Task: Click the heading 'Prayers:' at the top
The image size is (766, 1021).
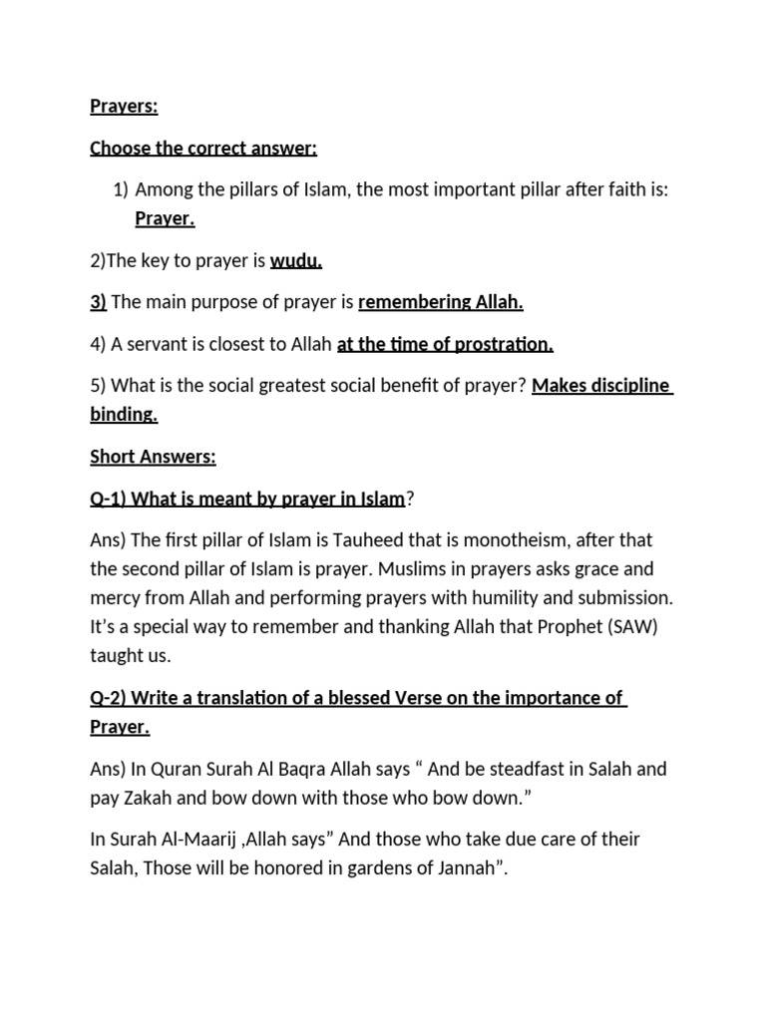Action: (x=124, y=107)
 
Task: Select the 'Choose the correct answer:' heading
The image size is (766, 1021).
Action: (x=203, y=149)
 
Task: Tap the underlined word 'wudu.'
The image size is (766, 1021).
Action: (x=296, y=261)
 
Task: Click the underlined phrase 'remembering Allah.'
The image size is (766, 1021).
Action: (x=441, y=302)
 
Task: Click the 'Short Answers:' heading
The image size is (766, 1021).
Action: (x=153, y=457)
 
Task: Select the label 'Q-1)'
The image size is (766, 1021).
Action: (x=109, y=498)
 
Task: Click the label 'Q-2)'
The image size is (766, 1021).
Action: (x=109, y=698)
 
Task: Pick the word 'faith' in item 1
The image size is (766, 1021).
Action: (x=624, y=189)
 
